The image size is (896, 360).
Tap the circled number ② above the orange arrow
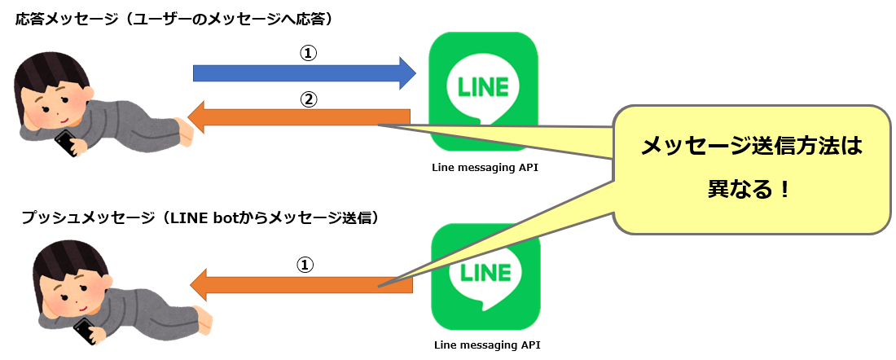pos(308,99)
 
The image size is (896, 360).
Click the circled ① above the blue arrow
pos(308,53)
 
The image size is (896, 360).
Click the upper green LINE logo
pos(484,90)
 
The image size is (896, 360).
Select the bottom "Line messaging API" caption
pos(487,345)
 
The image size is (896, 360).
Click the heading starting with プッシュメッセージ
pos(200,217)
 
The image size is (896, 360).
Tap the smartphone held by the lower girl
pos(85,331)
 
